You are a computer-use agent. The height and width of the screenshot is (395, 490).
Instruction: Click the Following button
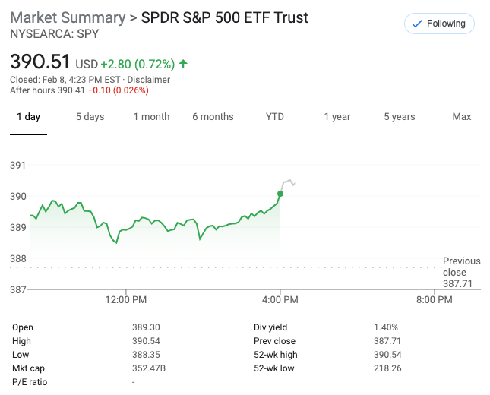pyautogui.click(x=439, y=24)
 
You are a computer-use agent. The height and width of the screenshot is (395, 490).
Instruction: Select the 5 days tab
pyautogui.click(x=90, y=117)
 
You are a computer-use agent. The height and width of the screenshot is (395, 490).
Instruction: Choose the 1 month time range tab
pyautogui.click(x=151, y=117)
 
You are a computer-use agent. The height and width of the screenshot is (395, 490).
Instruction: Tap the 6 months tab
pyautogui.click(x=213, y=117)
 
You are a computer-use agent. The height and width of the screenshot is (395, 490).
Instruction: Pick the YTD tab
pyautogui.click(x=274, y=117)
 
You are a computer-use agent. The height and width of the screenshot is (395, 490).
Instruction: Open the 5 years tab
pyautogui.click(x=399, y=117)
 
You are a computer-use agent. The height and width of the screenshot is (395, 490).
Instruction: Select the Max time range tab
pyautogui.click(x=461, y=117)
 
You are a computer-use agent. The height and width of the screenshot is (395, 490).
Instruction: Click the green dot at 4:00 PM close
pyautogui.click(x=280, y=194)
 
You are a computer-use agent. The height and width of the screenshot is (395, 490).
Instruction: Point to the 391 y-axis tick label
pyautogui.click(x=17, y=166)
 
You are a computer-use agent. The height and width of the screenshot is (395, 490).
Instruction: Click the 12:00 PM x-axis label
pyautogui.click(x=125, y=300)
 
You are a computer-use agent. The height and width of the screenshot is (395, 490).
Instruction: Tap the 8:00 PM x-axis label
pyautogui.click(x=435, y=300)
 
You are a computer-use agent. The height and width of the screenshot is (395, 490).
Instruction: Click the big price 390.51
pyautogui.click(x=40, y=62)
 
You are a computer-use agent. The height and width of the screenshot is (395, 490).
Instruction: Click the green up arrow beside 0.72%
pyautogui.click(x=184, y=64)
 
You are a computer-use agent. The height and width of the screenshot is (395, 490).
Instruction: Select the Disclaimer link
pyautogui.click(x=149, y=80)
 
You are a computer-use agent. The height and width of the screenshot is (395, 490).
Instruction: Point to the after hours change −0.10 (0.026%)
pyautogui.click(x=118, y=90)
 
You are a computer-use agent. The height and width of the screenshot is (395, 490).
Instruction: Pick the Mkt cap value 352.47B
pyautogui.click(x=148, y=368)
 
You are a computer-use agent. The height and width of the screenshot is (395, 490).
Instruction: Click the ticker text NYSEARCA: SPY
pyautogui.click(x=54, y=34)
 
